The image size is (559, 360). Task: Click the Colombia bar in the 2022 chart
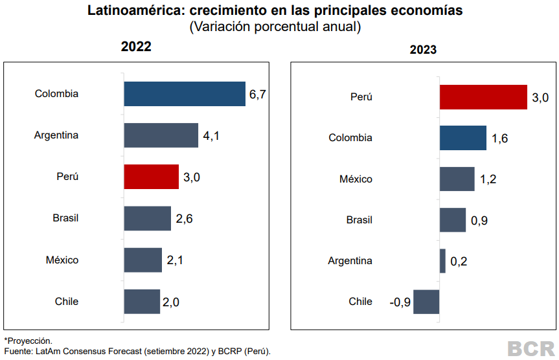pos(185,94)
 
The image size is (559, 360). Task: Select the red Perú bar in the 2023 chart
pos(483,97)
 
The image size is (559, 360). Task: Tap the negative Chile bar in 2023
pos(426,302)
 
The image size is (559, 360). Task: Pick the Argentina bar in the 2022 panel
pos(161,135)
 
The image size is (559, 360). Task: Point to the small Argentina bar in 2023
pos(442,261)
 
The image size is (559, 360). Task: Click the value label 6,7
pos(258,95)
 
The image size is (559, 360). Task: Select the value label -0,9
pos(400,302)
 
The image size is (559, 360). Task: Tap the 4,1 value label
pos(211,136)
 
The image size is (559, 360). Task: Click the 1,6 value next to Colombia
pos(499,139)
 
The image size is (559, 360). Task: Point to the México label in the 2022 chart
pos(62,260)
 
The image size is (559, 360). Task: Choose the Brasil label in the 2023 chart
pos(359,220)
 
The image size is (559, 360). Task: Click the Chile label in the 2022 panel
pos(66,301)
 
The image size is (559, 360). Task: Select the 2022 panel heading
pos(136,47)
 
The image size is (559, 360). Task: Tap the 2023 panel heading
pos(423,49)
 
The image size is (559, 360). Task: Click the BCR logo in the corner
pos(530,348)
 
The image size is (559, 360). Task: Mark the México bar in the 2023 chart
pos(457,179)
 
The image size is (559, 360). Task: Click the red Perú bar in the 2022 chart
pos(151,177)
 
